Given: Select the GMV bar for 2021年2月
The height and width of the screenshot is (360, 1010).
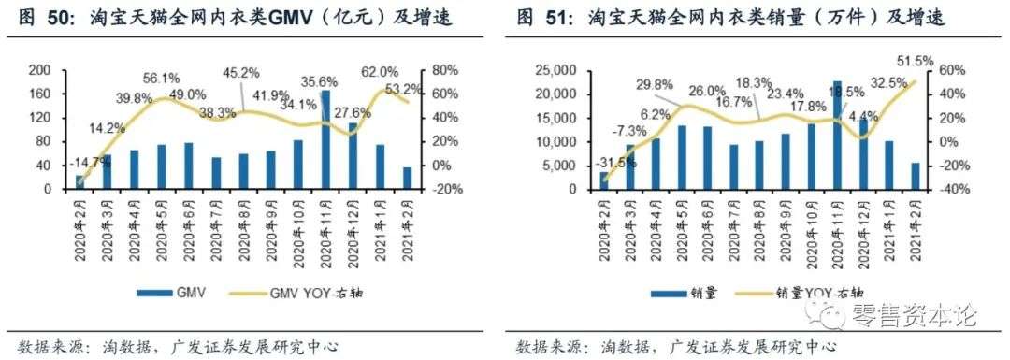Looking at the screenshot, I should tap(408, 179).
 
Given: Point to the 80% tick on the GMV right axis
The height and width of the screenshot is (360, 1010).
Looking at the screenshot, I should tap(444, 71).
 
